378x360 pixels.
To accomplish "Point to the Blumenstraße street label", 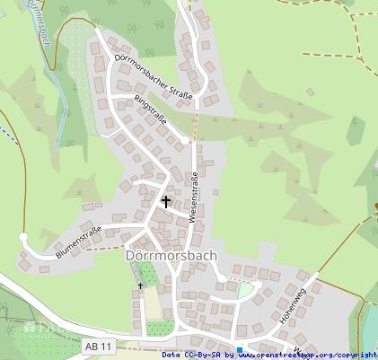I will (78, 242).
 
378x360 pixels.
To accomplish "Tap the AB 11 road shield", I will (99, 346).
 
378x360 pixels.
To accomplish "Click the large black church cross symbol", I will (165, 202).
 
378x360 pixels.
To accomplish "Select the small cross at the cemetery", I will (140, 285).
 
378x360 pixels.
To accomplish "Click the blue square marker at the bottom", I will (240, 350).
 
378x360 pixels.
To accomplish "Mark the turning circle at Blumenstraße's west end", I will (24, 238).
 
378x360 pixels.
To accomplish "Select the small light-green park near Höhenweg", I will (244, 290).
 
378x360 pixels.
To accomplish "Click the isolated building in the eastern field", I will (310, 92).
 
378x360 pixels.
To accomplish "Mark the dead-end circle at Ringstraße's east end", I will (186, 140).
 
